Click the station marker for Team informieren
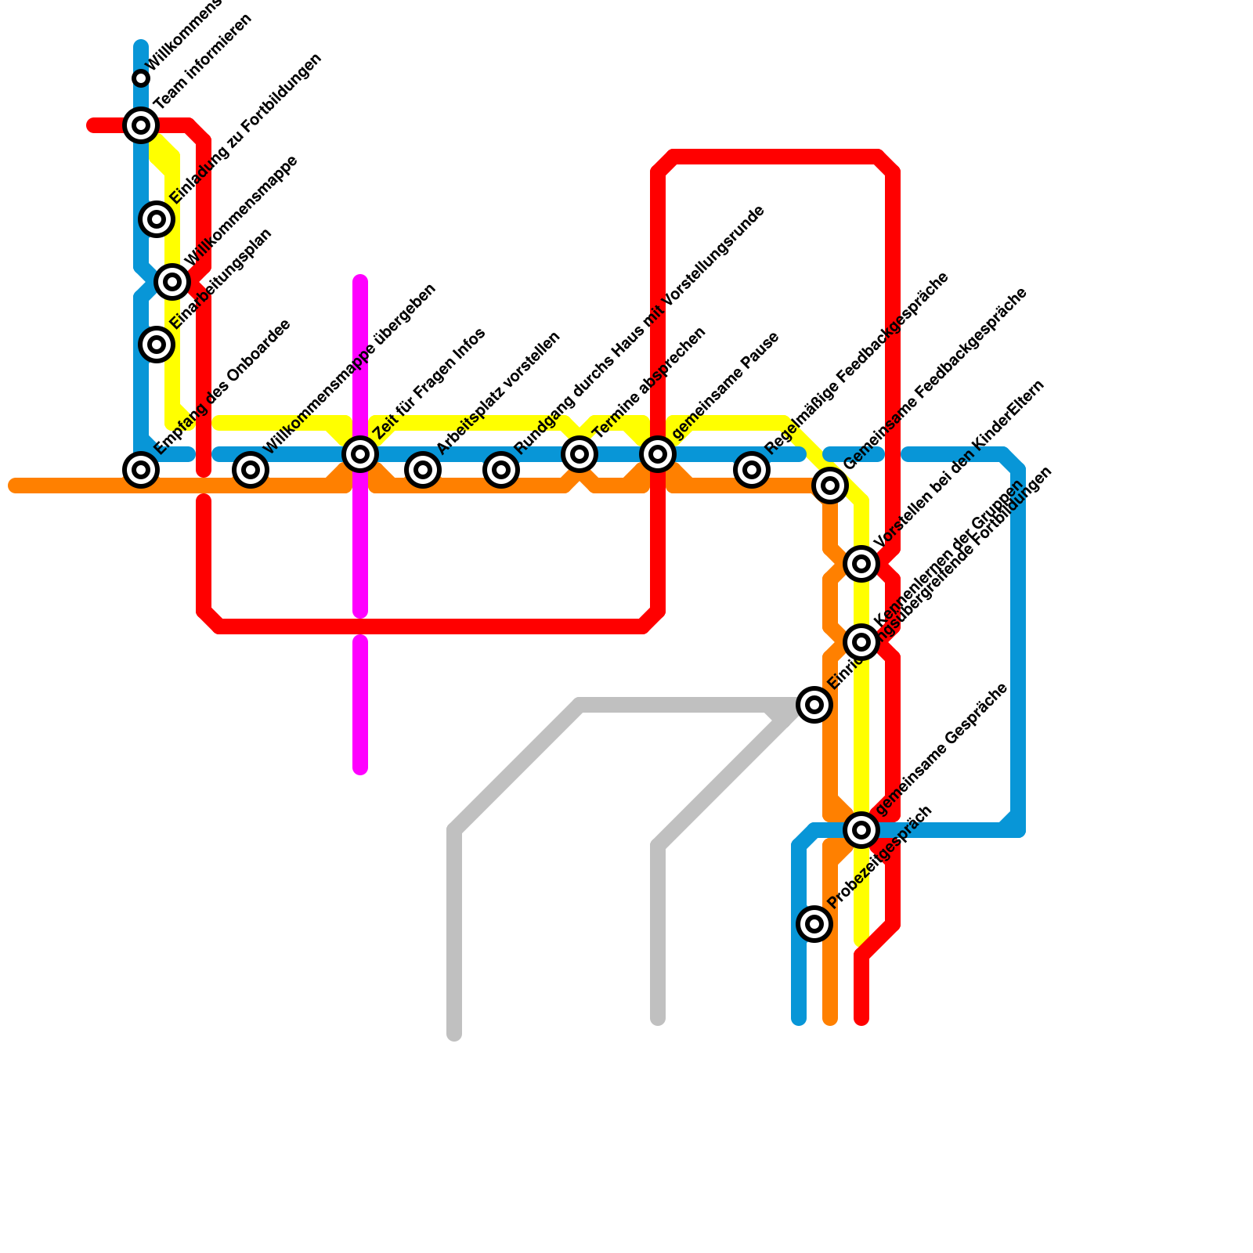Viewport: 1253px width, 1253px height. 141,125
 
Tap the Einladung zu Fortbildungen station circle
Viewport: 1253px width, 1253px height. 157,218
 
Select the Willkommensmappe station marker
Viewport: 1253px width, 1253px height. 172,281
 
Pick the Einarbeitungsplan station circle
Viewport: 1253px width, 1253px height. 157,344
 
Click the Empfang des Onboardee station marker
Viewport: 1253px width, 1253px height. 141,469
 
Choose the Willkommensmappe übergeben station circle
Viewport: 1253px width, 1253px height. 251,469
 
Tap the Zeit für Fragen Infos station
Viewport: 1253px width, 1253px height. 360,453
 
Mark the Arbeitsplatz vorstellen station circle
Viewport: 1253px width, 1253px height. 423,469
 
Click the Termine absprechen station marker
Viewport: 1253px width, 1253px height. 580,453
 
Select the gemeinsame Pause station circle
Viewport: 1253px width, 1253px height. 658,453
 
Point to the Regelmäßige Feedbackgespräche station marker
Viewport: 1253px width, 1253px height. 752,469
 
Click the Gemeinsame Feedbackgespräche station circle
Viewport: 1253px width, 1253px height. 830,486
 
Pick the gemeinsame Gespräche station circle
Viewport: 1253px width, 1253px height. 861,829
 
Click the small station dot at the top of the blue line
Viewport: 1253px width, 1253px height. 141,78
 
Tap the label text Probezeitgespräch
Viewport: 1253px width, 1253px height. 880,858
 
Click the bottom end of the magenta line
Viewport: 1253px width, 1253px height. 360,768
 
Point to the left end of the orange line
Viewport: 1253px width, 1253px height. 14,486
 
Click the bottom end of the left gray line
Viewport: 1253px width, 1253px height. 454,1035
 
